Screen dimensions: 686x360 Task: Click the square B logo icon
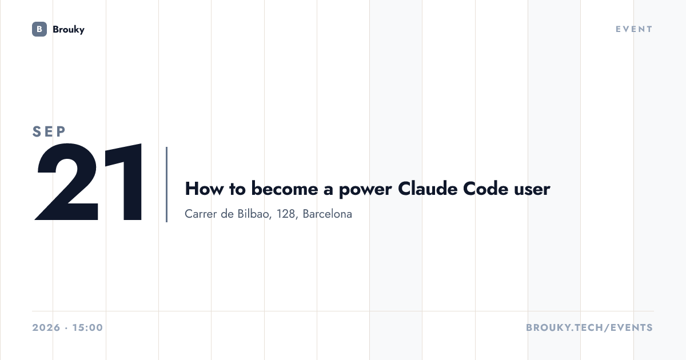(39, 29)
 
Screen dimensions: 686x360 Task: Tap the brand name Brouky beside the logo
(69, 30)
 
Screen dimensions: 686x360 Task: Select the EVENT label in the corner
(634, 29)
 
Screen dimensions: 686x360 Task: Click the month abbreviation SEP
(49, 131)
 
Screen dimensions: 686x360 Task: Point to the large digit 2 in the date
(66, 182)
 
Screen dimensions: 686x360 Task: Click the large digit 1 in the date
(123, 182)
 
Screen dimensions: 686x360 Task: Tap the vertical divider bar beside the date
(166, 184)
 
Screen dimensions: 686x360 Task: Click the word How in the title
(204, 189)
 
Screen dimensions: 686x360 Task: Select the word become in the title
(285, 189)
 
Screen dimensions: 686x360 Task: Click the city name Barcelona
(327, 214)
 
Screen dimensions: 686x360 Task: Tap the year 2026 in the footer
(46, 327)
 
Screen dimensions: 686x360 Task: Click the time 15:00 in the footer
(87, 327)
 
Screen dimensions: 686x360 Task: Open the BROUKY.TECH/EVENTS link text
(589, 327)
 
